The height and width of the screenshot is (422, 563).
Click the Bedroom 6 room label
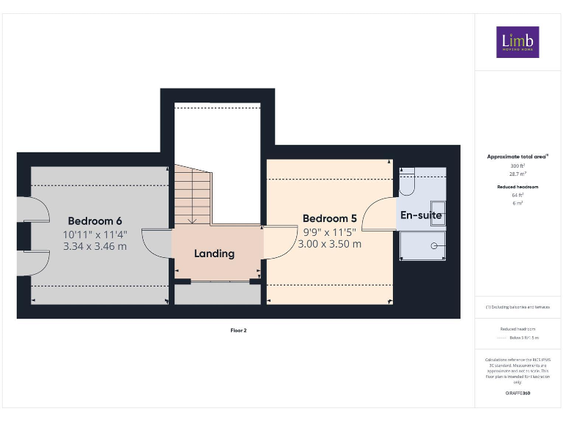click(x=95, y=221)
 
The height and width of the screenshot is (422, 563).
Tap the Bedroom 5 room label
click(x=329, y=218)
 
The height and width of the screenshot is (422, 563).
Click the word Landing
click(x=214, y=253)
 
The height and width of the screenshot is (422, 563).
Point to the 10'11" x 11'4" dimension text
click(x=95, y=234)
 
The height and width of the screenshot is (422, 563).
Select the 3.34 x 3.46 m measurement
click(x=95, y=246)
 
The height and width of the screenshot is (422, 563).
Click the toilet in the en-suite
click(x=408, y=182)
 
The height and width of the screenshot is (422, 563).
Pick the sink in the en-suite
click(x=438, y=210)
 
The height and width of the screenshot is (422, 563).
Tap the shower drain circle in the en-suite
click(x=434, y=245)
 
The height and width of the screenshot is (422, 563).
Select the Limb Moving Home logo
click(x=518, y=42)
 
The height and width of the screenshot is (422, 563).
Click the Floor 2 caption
click(x=238, y=330)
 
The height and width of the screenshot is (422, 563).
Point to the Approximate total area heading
click(x=518, y=157)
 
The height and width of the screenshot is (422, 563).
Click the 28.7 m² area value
click(x=518, y=174)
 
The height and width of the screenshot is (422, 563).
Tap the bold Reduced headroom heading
click(x=518, y=188)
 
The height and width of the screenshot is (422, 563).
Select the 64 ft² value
click(x=518, y=196)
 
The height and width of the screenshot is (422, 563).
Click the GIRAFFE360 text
click(x=518, y=393)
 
